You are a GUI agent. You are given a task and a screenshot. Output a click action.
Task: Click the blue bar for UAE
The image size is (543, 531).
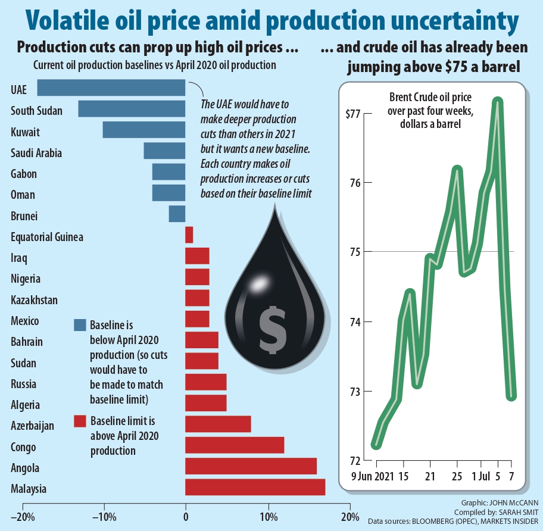pos(111,88)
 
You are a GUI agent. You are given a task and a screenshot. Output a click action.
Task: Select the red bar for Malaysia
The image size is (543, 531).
pos(255,487)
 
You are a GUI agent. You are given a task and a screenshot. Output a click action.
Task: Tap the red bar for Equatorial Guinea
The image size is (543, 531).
pos(189,235)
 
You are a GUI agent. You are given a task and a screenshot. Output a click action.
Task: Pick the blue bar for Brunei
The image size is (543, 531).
pos(177,214)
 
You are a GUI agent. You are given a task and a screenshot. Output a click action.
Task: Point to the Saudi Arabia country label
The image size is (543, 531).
pos(36,153)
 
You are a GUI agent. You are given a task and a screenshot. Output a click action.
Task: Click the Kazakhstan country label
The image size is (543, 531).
pos(35,300)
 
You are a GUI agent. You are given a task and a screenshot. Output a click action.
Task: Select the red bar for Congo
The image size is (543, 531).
pos(235,445)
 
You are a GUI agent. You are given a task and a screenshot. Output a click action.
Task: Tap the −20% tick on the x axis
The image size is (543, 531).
pos(22,516)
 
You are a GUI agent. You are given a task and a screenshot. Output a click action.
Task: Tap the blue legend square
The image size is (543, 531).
pos(80,325)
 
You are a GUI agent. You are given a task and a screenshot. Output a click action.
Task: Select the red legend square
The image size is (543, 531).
pos(80,421)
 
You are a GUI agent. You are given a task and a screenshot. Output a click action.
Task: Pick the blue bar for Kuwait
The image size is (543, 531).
pos(144,130)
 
